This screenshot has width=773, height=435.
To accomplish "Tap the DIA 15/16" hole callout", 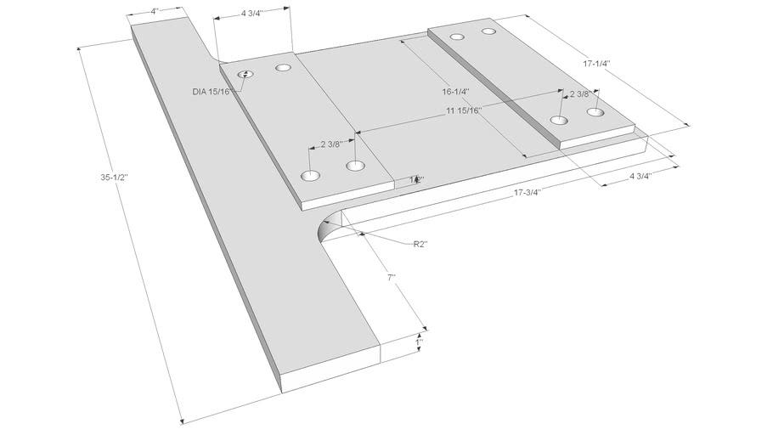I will pyautogui.click(x=212, y=91).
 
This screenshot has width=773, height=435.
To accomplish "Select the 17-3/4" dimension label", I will pyautogui.click(x=529, y=193).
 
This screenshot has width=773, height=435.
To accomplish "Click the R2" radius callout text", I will pyautogui.click(x=420, y=244).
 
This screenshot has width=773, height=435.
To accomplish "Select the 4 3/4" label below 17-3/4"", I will pyautogui.click(x=640, y=177).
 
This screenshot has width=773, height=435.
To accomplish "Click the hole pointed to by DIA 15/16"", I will pyautogui.click(x=245, y=75).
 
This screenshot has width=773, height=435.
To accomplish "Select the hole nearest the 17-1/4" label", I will pyautogui.click(x=595, y=112).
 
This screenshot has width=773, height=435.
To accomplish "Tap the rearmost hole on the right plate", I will pyautogui.click(x=488, y=31).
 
